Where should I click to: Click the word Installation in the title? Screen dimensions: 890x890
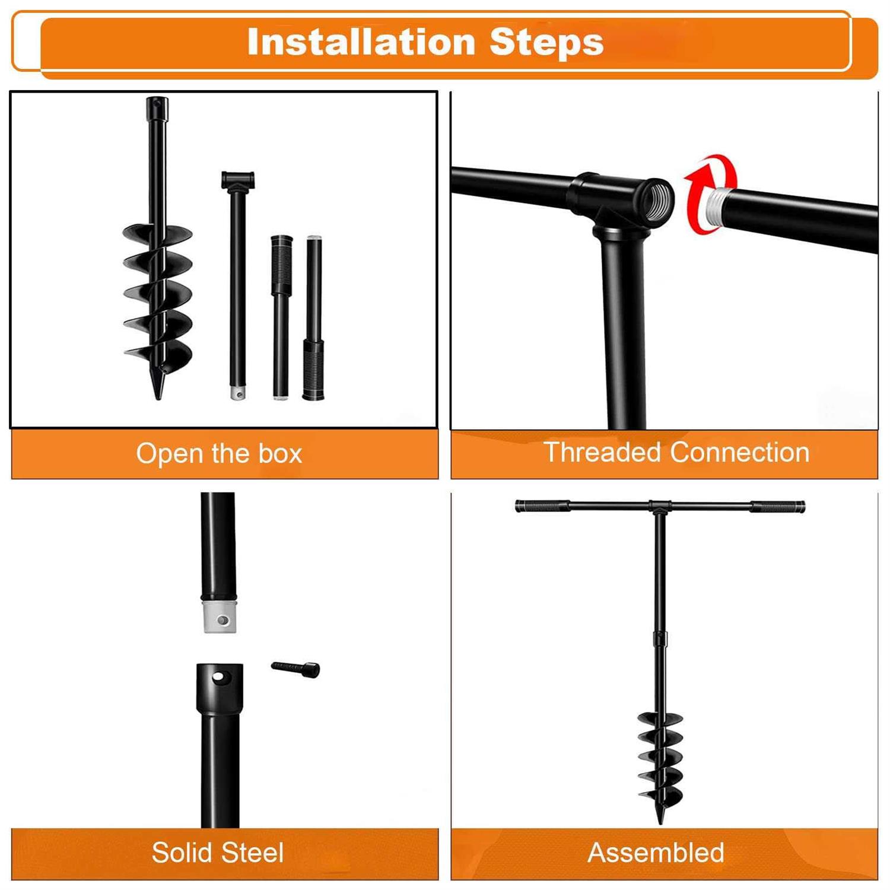coord(361,42)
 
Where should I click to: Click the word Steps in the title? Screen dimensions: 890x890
coord(546,43)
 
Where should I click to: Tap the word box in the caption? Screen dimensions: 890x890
coord(280,454)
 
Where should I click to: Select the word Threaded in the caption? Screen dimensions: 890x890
coord(604,452)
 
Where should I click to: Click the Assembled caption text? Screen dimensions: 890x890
coord(656,853)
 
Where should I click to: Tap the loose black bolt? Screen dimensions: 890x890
coord(295,669)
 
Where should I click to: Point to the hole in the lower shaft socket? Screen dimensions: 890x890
coord(220,676)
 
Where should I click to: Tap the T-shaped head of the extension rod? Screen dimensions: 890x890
coord(238,180)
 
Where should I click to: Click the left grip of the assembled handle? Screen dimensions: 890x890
coord(541,507)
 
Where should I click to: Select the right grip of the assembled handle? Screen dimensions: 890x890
coord(777,507)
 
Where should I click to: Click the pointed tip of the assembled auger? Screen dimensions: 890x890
coord(660,822)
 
